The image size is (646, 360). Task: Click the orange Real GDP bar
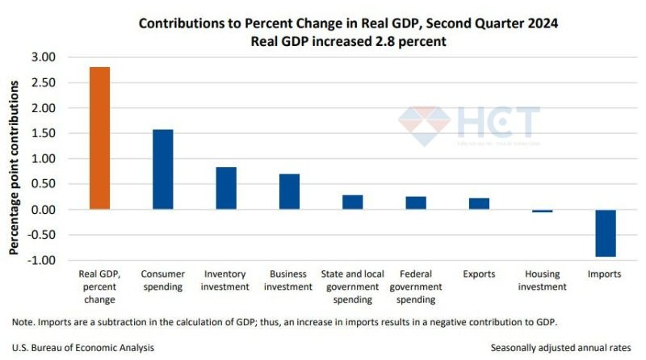[x=99, y=138]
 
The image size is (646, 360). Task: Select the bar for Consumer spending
[x=162, y=170]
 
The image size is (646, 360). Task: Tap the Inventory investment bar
[x=226, y=188]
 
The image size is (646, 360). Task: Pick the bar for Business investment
[x=289, y=191]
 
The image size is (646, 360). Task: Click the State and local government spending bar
[x=352, y=202]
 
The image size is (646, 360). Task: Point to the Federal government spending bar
[x=416, y=203]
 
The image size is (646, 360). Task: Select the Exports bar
[x=479, y=203]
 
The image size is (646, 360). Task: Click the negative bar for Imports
[x=605, y=233]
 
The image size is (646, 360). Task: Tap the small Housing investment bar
[x=542, y=211]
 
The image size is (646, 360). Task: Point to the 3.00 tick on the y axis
[x=44, y=57]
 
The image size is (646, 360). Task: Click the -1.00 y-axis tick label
[x=42, y=261]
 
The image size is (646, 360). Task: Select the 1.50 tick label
[x=44, y=133]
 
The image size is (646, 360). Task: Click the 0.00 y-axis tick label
[x=44, y=210]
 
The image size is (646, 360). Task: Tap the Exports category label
[x=479, y=274]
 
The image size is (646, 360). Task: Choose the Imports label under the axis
[x=605, y=274]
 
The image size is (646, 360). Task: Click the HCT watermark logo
[x=468, y=125]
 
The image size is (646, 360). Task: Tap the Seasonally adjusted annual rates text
[x=562, y=348]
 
